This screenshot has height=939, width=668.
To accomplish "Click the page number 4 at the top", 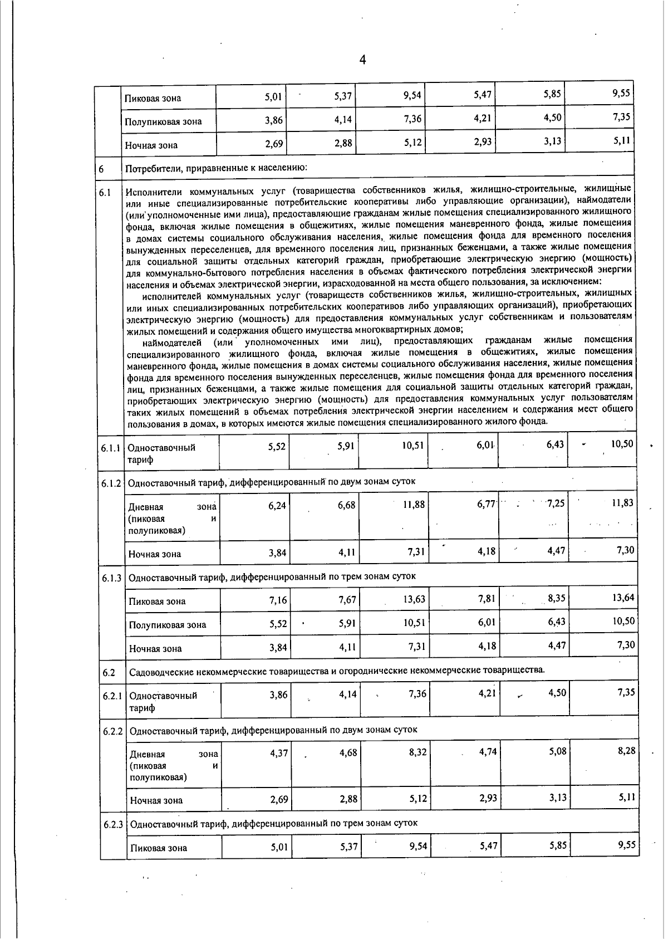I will (362, 60).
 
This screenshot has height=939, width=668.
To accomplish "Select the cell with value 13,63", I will (414, 599).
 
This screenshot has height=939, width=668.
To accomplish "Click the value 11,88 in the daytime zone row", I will (413, 505).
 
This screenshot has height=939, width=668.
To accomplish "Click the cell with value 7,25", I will (555, 503).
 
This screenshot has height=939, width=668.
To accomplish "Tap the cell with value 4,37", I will (278, 752).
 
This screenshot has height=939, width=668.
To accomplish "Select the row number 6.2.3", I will (112, 824).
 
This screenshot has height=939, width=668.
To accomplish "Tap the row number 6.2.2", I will (112, 730).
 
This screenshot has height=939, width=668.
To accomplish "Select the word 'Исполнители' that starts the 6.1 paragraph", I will (149, 193).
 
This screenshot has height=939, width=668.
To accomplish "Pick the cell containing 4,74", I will (487, 752).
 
